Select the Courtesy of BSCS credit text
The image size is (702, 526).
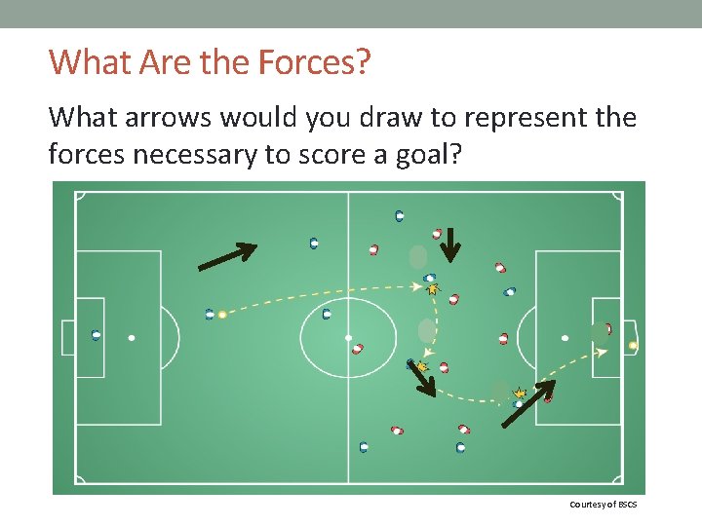[604, 504]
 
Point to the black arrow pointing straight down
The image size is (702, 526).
[448, 245]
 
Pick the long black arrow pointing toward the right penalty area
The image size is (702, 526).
[527, 403]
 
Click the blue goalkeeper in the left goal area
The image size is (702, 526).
[96, 335]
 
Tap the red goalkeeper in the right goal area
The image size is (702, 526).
[607, 329]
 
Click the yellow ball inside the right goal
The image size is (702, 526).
[633, 345]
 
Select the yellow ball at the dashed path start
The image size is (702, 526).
[222, 315]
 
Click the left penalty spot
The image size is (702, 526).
[132, 338]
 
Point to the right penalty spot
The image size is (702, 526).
[565, 338]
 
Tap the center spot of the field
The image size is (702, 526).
[348, 338]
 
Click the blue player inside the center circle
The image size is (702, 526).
[327, 314]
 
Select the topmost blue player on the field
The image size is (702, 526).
[399, 216]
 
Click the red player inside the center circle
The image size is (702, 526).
[358, 348]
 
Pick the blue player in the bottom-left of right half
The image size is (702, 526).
[364, 447]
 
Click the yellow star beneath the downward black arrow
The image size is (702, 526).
[432, 288]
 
